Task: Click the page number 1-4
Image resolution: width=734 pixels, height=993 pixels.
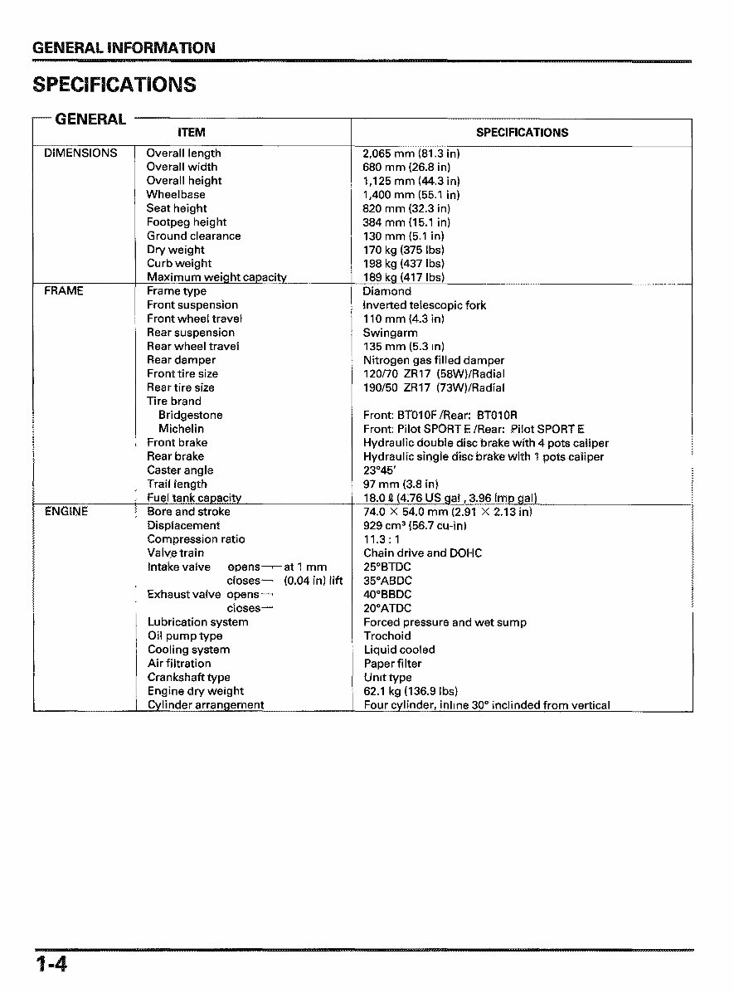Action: click(51, 964)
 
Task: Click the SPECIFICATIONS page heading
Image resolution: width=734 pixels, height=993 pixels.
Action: click(114, 85)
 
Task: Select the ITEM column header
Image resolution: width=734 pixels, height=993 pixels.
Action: click(192, 133)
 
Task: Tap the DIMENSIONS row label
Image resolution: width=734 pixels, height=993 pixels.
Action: click(80, 153)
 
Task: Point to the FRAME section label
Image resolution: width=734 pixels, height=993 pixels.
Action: click(64, 291)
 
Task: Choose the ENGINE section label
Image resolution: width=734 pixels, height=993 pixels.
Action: click(66, 512)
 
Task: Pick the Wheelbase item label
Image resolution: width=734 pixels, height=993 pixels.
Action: click(176, 195)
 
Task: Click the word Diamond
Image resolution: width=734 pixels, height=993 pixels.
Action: click(386, 291)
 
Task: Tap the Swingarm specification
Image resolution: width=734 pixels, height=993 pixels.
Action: click(390, 333)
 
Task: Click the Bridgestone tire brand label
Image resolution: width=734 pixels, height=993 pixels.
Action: click(191, 415)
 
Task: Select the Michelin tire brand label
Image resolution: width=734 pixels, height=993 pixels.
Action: click(181, 429)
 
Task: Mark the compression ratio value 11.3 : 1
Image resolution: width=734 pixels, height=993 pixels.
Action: click(382, 539)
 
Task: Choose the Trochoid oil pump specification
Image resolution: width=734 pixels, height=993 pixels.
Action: click(386, 636)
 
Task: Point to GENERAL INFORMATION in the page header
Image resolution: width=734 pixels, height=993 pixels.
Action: click(124, 48)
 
